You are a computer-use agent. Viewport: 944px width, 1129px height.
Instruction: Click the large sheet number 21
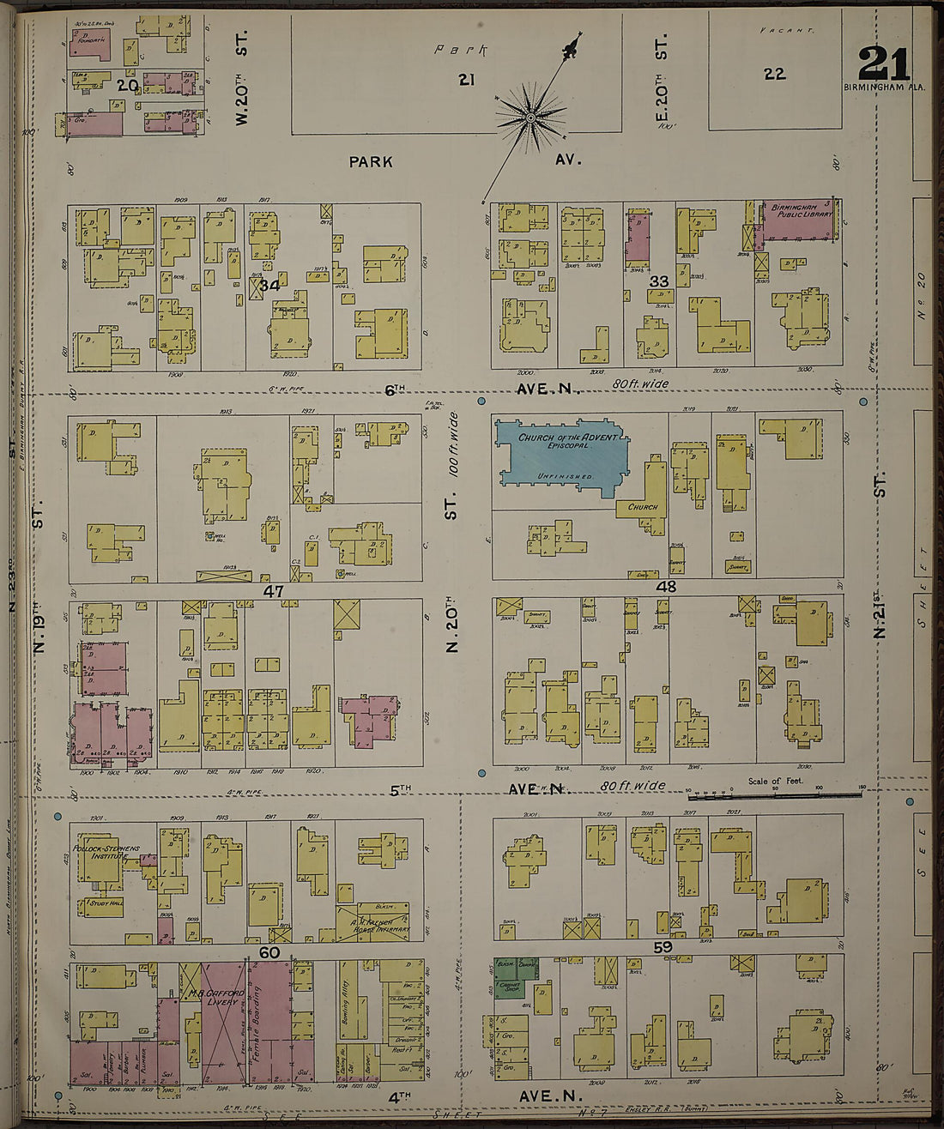click(883, 63)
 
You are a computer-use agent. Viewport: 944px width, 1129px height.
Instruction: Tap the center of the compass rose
click(530, 115)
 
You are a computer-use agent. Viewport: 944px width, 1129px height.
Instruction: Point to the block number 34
click(271, 284)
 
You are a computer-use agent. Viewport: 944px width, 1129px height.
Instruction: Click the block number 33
click(658, 281)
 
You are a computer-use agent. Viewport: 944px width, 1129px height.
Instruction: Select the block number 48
click(666, 587)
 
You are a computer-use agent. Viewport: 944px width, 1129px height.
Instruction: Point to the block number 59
click(662, 948)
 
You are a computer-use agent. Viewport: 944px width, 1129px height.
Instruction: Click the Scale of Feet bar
click(774, 794)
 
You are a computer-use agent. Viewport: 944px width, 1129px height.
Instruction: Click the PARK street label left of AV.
click(371, 160)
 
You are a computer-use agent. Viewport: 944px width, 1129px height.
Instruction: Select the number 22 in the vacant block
click(774, 74)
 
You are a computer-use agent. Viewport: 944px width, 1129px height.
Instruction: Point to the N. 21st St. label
click(879, 616)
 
